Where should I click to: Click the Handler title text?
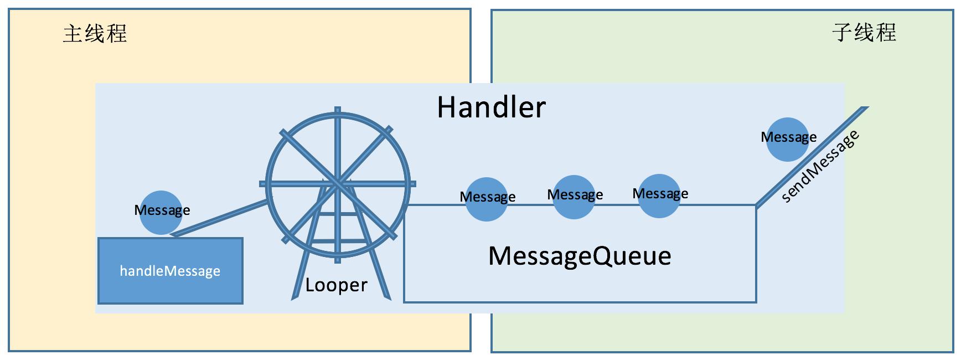[491, 107]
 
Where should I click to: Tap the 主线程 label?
[95, 34]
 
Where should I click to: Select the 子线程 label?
[864, 32]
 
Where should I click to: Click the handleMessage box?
[170, 271]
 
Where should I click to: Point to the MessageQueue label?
[580, 256]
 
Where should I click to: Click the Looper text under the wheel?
[336, 285]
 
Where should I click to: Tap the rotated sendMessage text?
[820, 166]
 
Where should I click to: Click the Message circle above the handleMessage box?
[161, 213]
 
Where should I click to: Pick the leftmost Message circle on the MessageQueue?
[487, 199]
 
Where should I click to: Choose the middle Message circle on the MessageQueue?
[574, 197]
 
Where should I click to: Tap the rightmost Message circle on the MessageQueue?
[659, 196]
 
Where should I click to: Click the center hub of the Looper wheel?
[338, 183]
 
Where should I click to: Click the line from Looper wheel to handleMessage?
[221, 218]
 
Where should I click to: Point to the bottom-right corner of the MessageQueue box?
[756, 302]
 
